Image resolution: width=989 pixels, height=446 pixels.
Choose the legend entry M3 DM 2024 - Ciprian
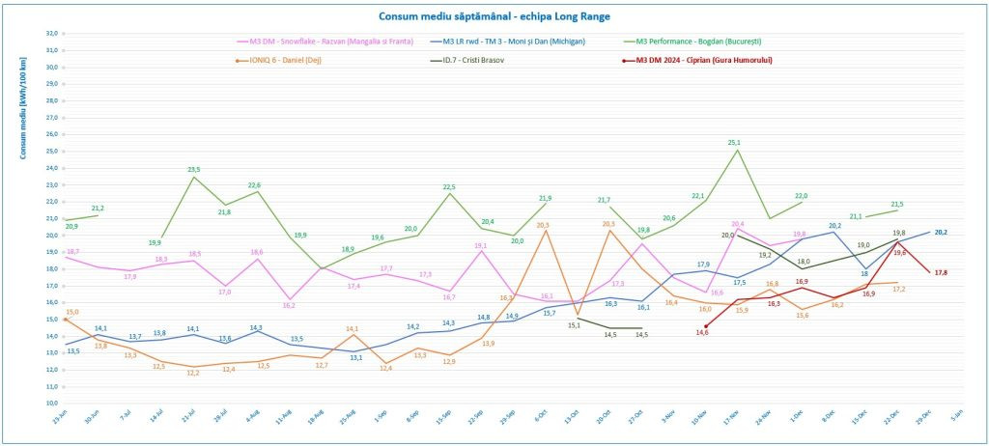coord(705,60)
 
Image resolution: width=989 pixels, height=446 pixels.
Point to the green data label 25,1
coord(735,142)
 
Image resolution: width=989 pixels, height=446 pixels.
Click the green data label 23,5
coord(194,169)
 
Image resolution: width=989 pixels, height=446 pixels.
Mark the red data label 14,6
coord(703,332)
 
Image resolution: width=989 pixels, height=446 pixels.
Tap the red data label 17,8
coord(941,272)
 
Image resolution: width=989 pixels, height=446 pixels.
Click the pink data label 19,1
coord(481,245)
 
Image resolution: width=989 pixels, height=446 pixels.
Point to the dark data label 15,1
coord(574,325)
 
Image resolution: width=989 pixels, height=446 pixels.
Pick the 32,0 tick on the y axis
coord(52,33)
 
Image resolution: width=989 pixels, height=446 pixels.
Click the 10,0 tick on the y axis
coord(52,403)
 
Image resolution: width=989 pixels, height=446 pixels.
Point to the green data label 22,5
coord(448,186)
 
